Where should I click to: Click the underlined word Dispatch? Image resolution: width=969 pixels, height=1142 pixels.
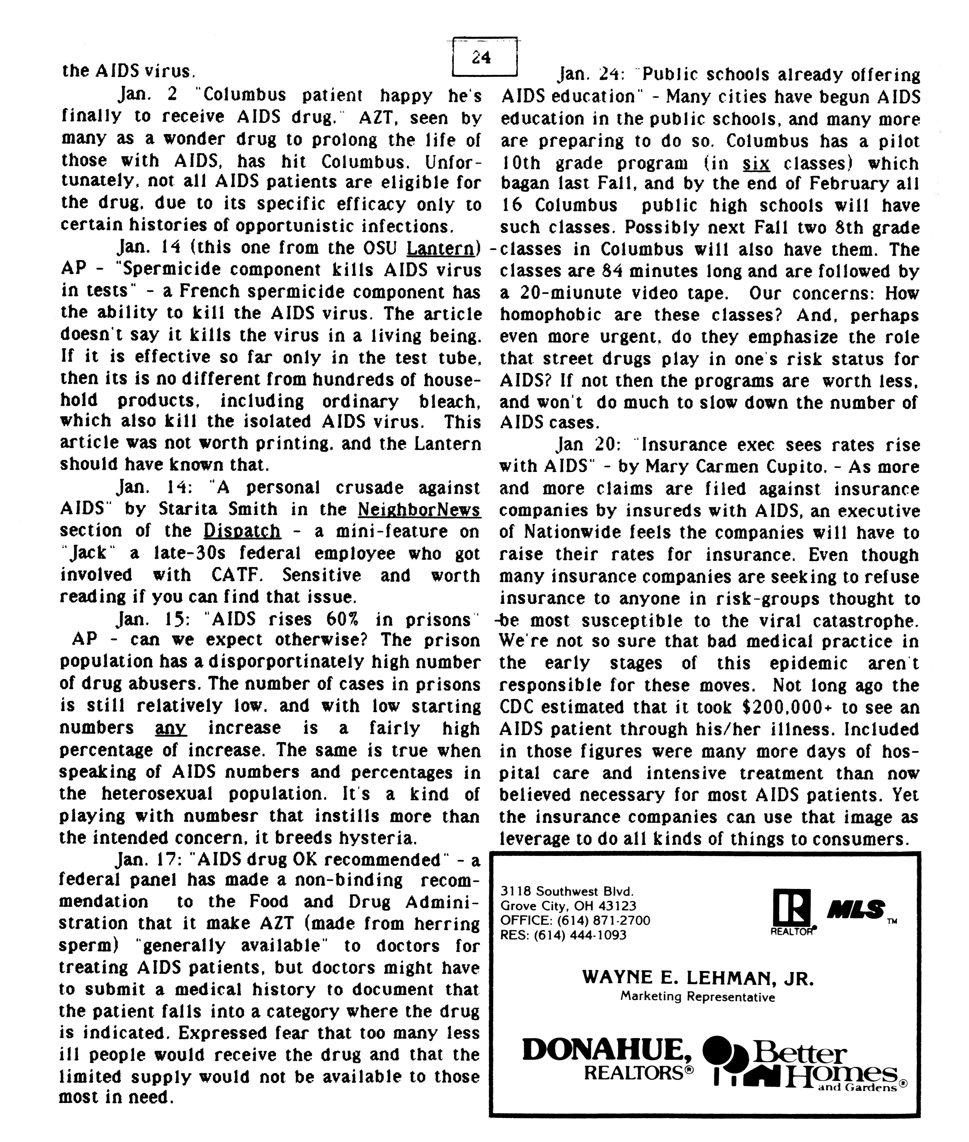(242, 531)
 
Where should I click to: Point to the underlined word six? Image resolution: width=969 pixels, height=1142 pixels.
(756, 163)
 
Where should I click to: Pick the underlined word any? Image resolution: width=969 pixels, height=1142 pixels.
(171, 728)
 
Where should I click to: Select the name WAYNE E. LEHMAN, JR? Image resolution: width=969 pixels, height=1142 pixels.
(697, 978)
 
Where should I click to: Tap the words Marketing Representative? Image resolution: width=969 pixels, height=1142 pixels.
(697, 996)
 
